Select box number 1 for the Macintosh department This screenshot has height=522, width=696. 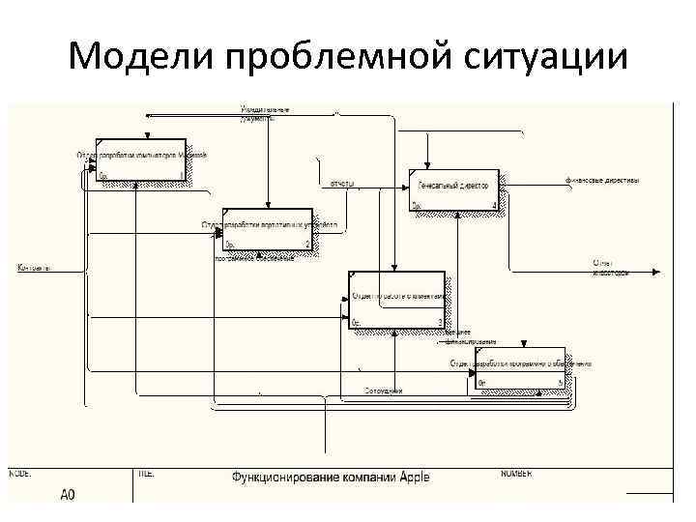(141, 159)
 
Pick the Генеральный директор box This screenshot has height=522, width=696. (454, 188)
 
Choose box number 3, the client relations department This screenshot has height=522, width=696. (397, 300)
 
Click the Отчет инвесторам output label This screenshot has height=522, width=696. (611, 267)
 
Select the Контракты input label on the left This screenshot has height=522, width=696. (34, 267)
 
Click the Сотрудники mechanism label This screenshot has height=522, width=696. (383, 390)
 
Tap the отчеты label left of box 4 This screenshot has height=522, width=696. (342, 183)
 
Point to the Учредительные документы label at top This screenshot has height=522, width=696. (265, 112)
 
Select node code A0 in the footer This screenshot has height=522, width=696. (68, 495)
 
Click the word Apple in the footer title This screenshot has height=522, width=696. (413, 477)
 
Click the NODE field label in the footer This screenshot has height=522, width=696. (21, 473)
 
